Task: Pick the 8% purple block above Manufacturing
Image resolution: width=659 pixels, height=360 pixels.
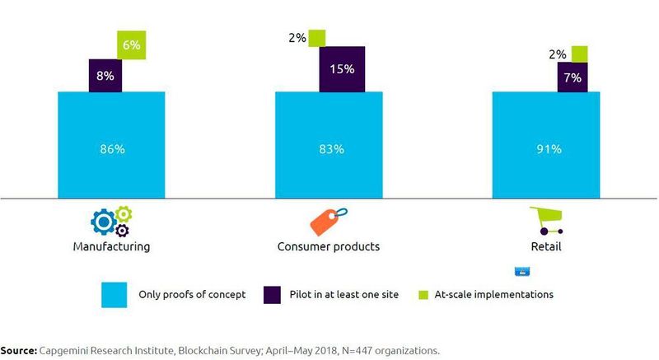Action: [105, 75]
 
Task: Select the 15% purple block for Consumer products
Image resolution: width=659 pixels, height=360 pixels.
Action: [342, 68]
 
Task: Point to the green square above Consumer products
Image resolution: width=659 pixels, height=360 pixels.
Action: [317, 38]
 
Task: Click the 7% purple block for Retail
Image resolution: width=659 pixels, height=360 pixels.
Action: [573, 77]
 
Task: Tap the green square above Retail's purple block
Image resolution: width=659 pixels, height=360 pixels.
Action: [580, 54]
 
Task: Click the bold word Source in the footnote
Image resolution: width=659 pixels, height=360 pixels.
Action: [18, 350]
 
